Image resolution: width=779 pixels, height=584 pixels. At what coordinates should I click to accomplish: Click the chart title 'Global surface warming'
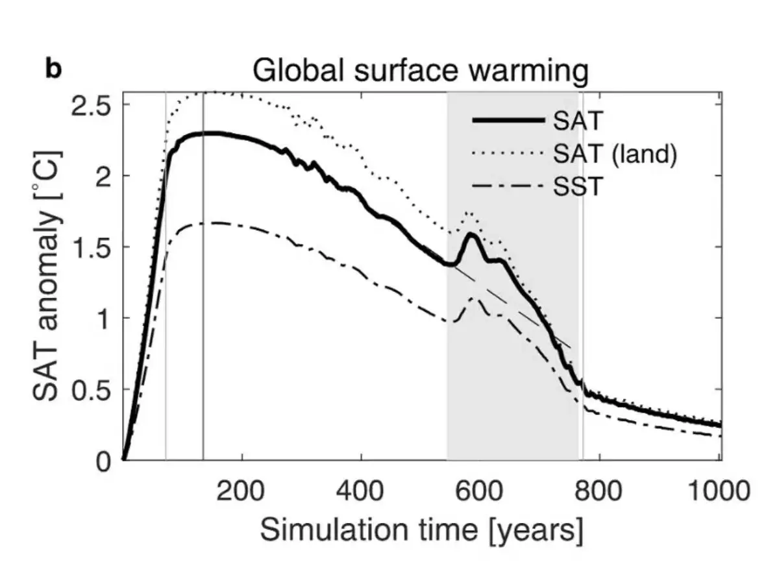420,71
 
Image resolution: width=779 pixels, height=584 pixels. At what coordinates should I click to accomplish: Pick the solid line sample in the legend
508,121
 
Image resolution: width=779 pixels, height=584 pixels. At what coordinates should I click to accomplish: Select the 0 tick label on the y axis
104,461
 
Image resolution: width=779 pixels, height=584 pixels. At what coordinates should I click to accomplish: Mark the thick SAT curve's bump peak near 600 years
472,234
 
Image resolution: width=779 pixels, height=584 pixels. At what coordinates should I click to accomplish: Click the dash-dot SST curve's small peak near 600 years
473,298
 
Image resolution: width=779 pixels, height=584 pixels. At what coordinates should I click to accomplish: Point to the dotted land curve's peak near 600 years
469,213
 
